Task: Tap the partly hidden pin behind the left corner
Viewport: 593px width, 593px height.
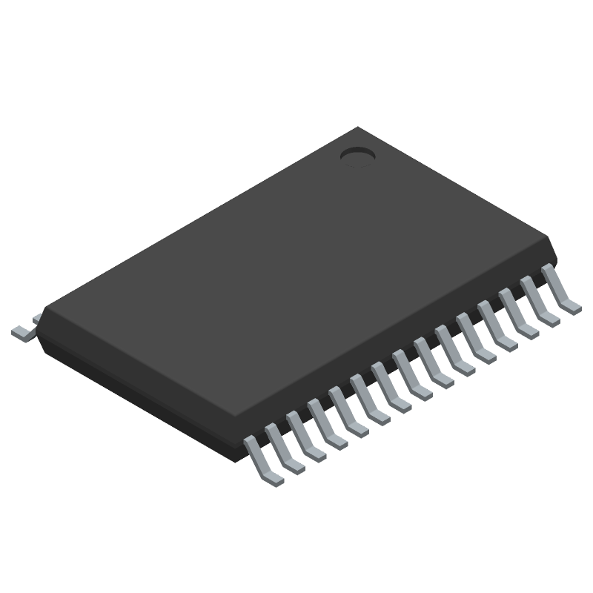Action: point(36,319)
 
